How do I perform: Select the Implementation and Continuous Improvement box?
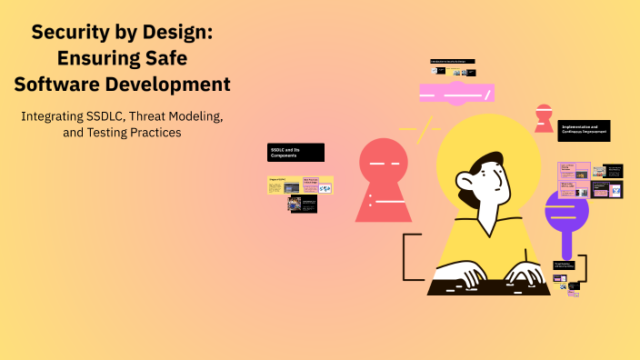click(x=584, y=130)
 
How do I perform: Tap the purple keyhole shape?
click(x=566, y=215)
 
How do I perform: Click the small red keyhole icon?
click(x=544, y=117)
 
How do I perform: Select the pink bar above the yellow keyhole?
click(x=455, y=93)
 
